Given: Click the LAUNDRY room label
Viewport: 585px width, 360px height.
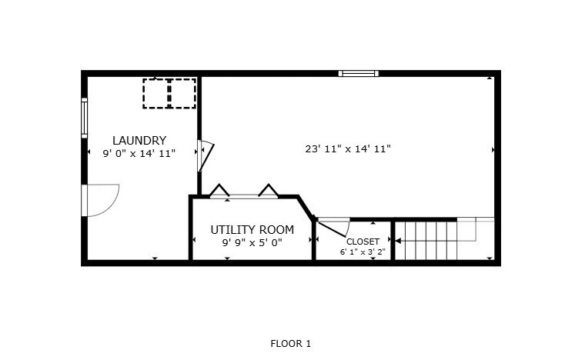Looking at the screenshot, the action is (139, 141).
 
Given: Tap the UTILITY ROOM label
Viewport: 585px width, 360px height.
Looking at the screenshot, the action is (252, 229).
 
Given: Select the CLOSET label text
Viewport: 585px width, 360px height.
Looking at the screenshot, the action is (363, 242).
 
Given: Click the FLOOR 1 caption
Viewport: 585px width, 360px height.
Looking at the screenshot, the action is (291, 343).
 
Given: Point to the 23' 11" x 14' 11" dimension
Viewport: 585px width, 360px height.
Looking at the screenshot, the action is (348, 149).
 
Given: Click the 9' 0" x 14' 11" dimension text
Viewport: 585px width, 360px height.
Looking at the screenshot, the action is (139, 153).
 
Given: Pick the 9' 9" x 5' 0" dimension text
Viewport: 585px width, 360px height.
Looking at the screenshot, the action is (252, 243).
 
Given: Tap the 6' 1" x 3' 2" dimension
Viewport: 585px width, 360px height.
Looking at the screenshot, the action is (363, 252).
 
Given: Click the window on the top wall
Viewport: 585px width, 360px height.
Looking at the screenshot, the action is (359, 73).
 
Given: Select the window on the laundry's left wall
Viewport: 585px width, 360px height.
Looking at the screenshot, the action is (85, 118).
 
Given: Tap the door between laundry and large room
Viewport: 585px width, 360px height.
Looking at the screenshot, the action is (205, 155).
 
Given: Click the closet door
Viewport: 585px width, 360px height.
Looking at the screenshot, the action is (332, 228).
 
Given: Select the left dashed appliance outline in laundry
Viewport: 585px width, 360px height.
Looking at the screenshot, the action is (156, 94).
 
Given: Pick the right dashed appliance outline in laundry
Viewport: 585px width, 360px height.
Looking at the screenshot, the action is (183, 94).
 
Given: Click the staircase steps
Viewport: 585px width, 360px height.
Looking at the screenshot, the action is (426, 240).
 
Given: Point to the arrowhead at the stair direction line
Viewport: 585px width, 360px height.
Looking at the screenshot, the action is (398, 241).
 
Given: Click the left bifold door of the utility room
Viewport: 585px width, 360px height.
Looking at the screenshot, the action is (219, 190).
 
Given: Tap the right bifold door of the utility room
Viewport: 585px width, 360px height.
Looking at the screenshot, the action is (268, 190).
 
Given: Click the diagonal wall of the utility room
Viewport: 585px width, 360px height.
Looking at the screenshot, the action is (306, 208).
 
